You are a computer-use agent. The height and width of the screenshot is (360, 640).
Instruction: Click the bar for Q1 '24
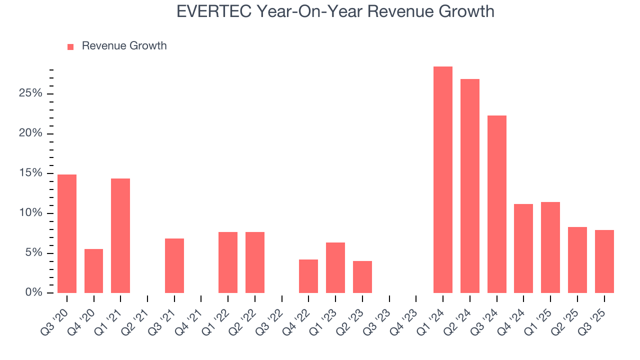(442, 180)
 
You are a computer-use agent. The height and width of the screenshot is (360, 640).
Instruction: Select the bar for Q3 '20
(67, 233)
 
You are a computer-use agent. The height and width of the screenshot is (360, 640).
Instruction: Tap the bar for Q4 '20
(93, 271)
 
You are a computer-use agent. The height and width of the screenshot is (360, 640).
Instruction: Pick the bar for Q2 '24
(469, 186)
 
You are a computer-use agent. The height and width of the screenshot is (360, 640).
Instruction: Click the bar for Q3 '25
(604, 261)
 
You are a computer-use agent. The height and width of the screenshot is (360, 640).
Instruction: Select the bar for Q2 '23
(362, 277)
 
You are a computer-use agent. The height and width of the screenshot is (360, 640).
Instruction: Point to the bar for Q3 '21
(174, 265)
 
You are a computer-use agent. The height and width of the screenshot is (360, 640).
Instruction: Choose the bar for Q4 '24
(523, 248)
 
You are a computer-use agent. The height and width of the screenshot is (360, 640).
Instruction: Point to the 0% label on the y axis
(34, 292)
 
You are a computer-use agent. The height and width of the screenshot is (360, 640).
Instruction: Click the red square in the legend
(70, 46)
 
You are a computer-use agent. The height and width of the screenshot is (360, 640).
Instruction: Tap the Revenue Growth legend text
(124, 46)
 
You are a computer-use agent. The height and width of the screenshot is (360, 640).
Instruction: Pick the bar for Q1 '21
(120, 235)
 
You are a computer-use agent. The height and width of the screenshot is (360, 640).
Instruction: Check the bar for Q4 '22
(308, 276)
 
